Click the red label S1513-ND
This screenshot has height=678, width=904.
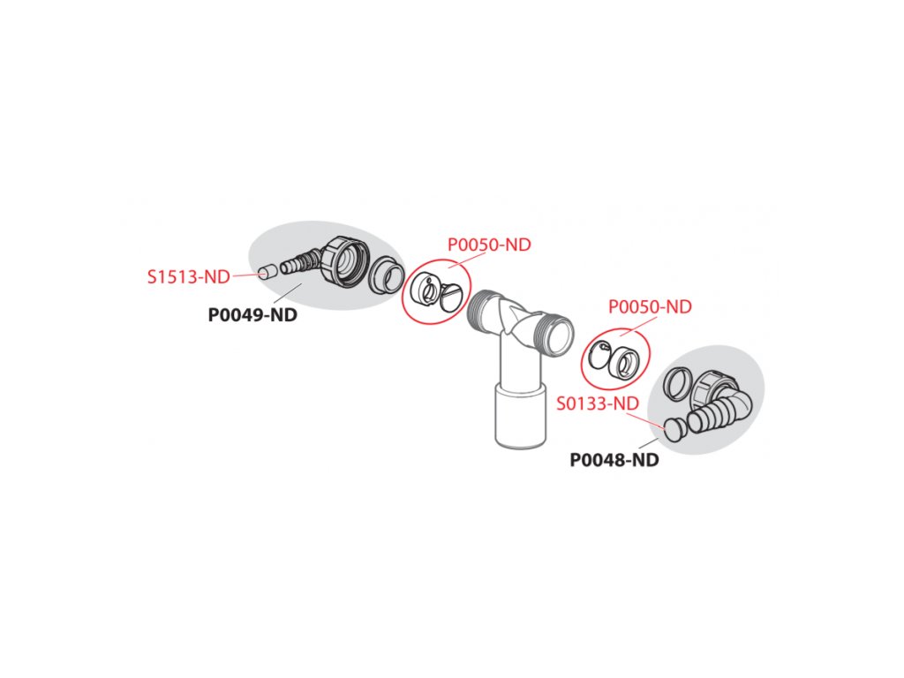(188, 276)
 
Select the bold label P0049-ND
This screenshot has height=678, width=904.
(252, 314)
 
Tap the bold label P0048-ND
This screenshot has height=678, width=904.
(614, 460)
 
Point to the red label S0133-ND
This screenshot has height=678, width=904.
(598, 403)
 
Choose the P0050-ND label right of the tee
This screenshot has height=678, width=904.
(650, 307)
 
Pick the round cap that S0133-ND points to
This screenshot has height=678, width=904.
(675, 429)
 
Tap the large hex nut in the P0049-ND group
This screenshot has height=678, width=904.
(343, 260)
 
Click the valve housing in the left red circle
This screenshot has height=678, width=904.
(424, 290)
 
